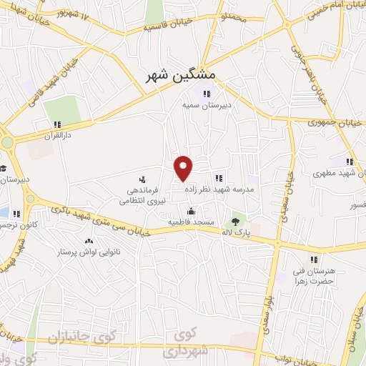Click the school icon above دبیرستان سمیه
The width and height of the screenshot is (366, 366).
pyautogui.click(x=207, y=93)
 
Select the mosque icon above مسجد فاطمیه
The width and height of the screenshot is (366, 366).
pyautogui.click(x=191, y=211)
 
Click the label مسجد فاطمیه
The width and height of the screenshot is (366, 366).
pyautogui.click(x=191, y=222)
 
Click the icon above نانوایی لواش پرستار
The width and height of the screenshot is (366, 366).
pyautogui.click(x=89, y=242)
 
